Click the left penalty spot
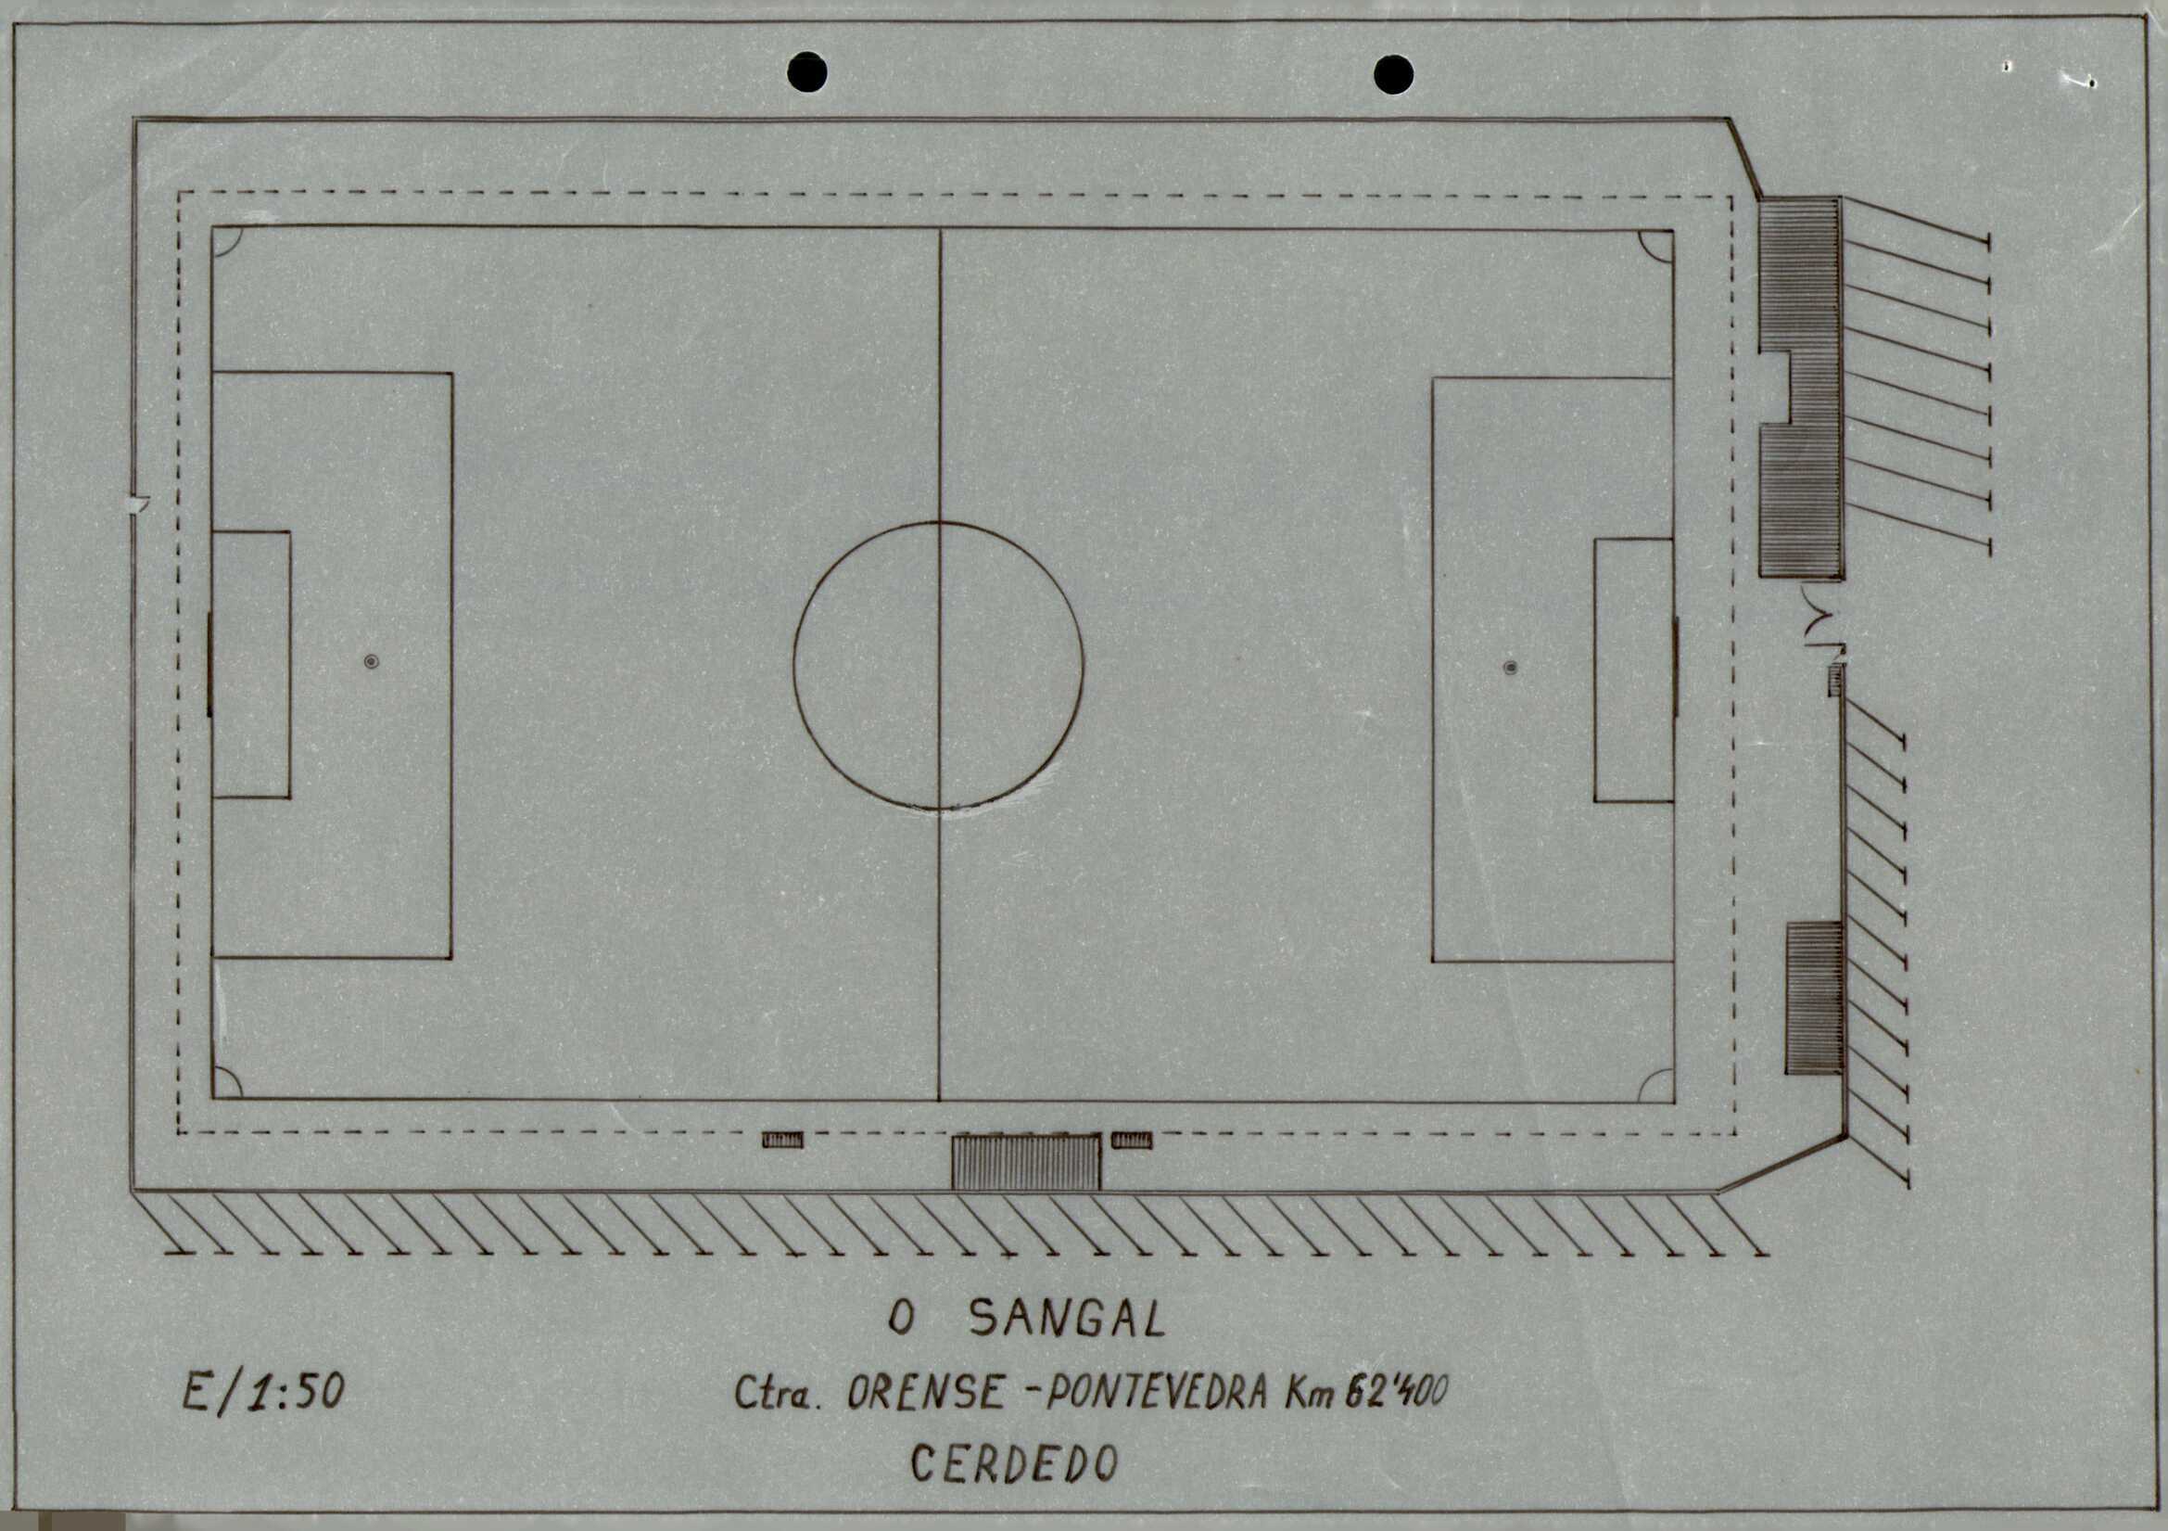[x=371, y=661]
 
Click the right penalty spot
[x=1510, y=668]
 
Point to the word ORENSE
[x=925, y=1393]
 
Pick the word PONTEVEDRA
[x=1154, y=1393]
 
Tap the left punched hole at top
[x=806, y=72]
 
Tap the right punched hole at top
[x=1393, y=74]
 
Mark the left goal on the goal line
[x=209, y=664]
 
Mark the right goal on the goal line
[x=1676, y=667]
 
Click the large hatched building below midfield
[x=1025, y=1163]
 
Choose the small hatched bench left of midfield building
[x=783, y=1140]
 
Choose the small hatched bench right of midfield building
[x=1131, y=1140]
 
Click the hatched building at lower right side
[x=1813, y=999]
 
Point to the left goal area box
[x=250, y=664]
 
